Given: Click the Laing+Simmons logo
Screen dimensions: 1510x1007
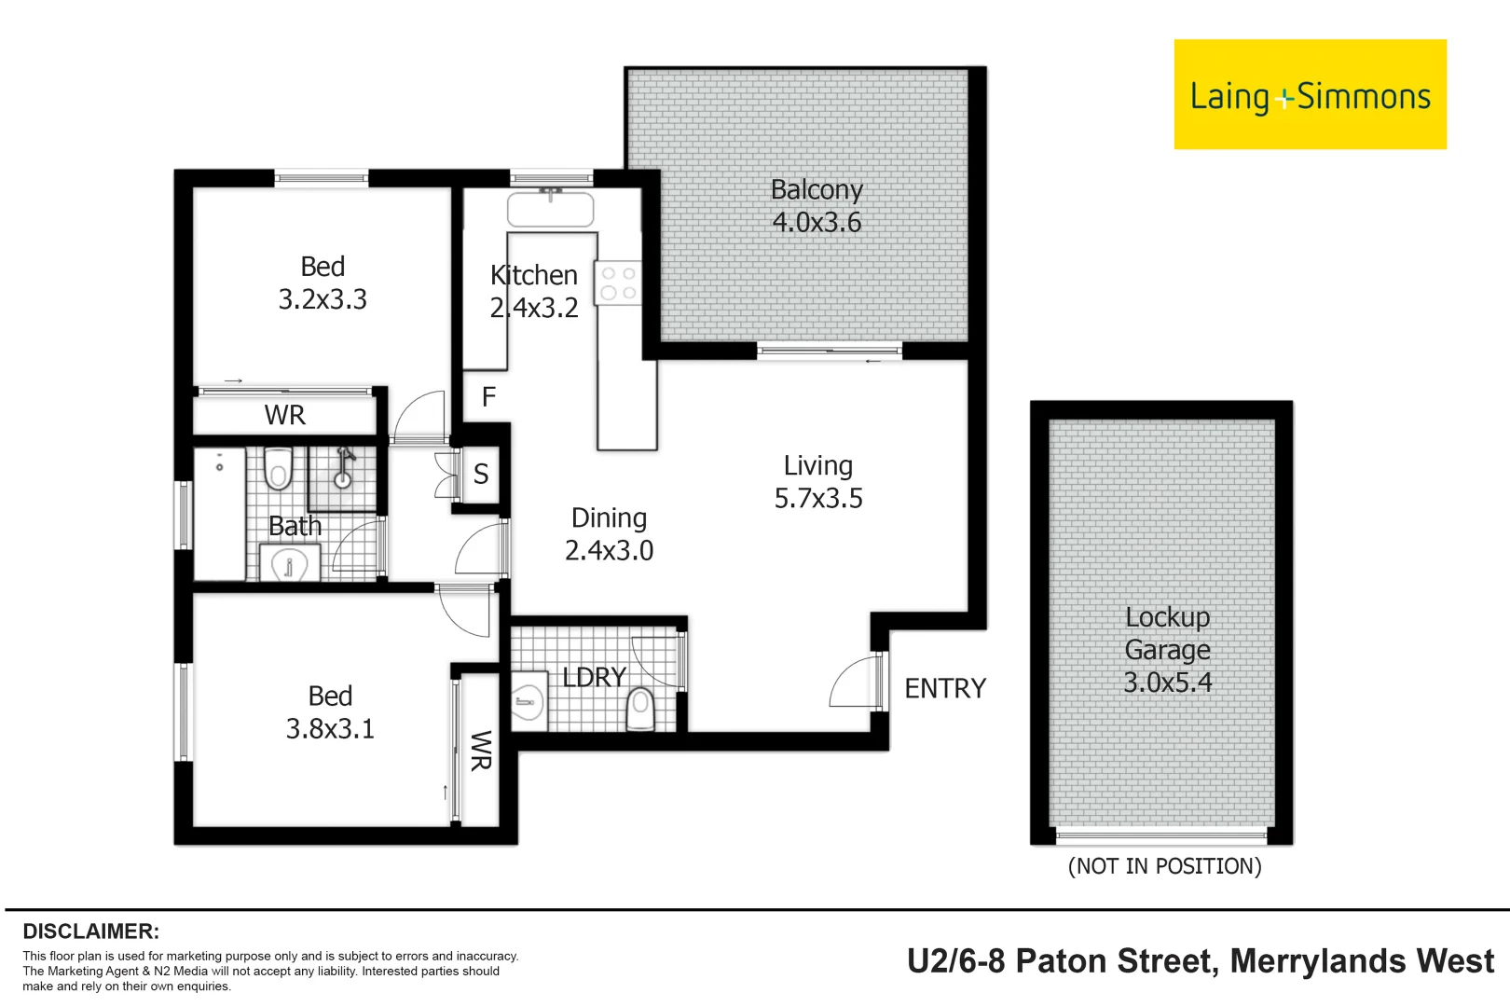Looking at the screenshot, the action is [1310, 94].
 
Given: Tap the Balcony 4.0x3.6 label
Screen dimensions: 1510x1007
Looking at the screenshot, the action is [817, 206].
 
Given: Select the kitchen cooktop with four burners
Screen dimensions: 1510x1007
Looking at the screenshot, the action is [617, 283].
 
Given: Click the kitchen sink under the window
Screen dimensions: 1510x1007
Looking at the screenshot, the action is [551, 209].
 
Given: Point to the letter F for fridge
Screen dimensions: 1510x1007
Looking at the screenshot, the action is [488, 396].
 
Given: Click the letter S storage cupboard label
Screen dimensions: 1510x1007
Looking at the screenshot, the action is [481, 475].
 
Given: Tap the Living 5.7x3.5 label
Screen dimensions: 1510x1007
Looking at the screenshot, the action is [818, 481].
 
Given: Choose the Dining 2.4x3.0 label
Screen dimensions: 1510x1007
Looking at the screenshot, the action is [609, 534].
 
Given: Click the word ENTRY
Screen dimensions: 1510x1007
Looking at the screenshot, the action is [945, 689].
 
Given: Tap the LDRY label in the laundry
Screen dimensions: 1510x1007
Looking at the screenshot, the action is [594, 677].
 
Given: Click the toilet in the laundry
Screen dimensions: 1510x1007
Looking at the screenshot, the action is [640, 710].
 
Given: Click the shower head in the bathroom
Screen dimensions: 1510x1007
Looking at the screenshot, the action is [345, 465].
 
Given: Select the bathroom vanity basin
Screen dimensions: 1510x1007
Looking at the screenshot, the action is [290, 562].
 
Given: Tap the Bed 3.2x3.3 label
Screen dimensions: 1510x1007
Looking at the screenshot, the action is [323, 283].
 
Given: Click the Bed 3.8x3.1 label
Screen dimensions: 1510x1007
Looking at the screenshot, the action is [330, 712].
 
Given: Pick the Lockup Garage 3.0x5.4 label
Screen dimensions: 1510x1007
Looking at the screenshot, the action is [1168, 650].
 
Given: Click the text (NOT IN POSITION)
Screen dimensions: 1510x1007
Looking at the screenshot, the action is [1165, 865].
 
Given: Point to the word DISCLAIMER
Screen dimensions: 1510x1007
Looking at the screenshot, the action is [91, 931].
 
